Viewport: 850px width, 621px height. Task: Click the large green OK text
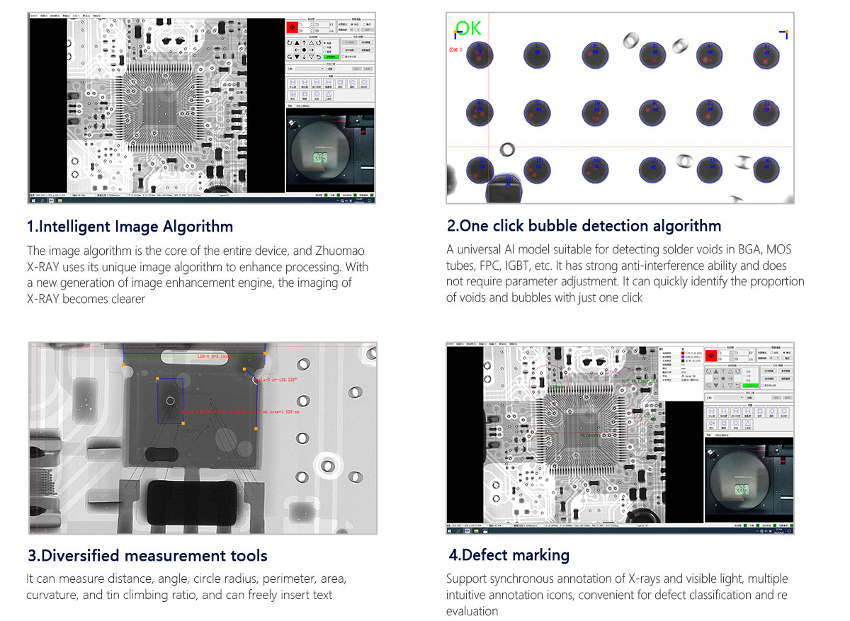point(468,28)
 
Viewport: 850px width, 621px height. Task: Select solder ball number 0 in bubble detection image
point(479,55)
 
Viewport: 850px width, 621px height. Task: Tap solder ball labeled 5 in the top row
point(766,55)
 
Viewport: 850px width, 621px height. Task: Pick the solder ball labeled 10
point(709,112)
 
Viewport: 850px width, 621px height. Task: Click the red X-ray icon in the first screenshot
point(291,28)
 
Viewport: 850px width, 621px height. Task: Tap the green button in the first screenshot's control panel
point(331,56)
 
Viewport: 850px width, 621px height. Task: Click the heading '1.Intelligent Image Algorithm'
point(130,227)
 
